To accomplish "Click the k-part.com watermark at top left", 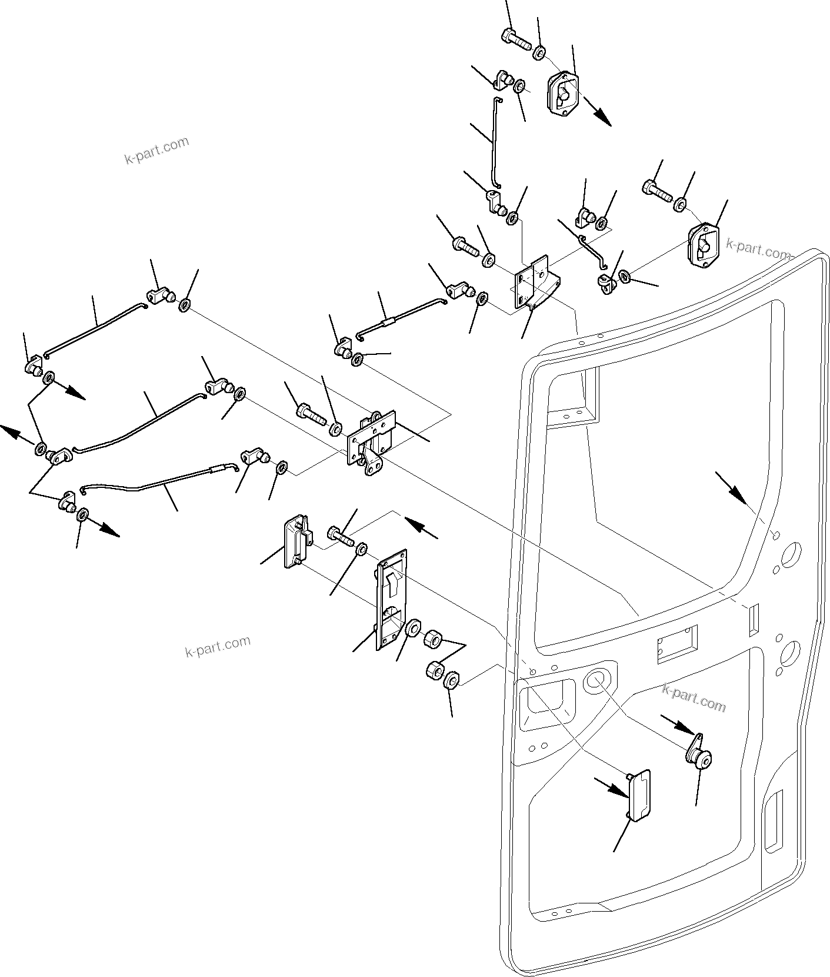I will [x=156, y=151].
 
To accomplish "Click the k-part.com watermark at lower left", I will [x=218, y=647].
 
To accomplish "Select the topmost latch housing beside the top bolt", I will [x=563, y=94].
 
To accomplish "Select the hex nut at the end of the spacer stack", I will [x=451, y=681].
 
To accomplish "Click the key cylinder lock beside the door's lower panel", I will [x=699, y=759].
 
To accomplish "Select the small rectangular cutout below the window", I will [x=677, y=644].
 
